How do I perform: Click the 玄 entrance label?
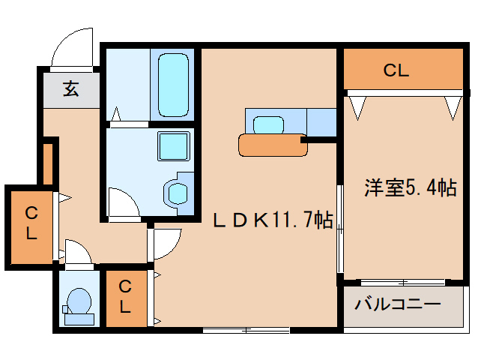point(71,88)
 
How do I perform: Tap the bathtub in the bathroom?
point(173,85)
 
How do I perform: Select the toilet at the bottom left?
point(79,306)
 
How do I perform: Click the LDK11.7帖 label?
point(273,220)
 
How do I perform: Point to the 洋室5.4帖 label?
point(411,187)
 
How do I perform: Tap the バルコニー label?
point(398,304)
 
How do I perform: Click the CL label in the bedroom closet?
point(396,70)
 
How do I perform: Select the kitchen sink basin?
point(268,125)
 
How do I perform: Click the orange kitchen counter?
point(273,145)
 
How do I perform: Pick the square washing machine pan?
point(174,145)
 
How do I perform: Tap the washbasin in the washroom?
point(178,193)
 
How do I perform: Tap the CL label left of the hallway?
point(31,223)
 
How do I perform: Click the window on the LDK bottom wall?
point(246,330)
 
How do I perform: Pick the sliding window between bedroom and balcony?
point(402,283)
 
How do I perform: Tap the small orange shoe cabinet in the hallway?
point(48,164)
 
